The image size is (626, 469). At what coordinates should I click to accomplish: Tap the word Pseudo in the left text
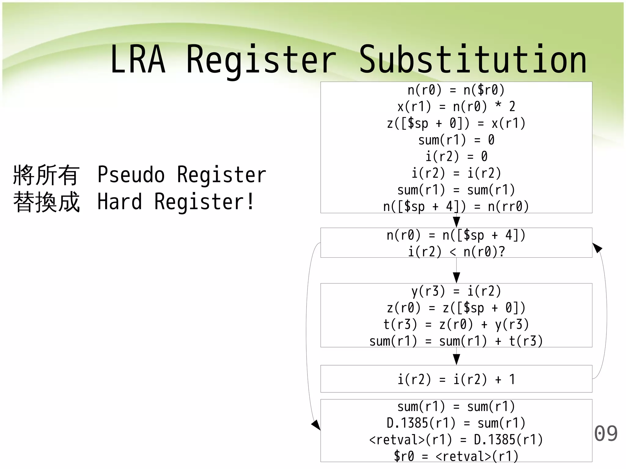click(x=131, y=175)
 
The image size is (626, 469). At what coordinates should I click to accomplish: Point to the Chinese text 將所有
click(x=46, y=175)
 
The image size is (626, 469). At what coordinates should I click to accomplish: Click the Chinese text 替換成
click(x=46, y=202)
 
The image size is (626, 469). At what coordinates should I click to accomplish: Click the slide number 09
click(x=606, y=434)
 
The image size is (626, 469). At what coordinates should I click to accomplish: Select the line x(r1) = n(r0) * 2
click(x=456, y=107)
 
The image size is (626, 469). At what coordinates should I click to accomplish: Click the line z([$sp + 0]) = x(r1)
click(x=456, y=123)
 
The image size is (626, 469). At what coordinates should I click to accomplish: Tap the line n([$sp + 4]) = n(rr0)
click(x=456, y=206)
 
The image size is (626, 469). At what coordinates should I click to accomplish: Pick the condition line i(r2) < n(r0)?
click(x=456, y=252)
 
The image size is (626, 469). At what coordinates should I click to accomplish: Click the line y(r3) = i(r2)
click(x=456, y=291)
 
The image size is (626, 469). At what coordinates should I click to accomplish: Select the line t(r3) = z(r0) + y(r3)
click(x=456, y=324)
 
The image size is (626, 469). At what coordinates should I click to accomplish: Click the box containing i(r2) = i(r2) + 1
click(x=456, y=379)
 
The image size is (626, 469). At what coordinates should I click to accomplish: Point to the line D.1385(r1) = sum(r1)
click(x=456, y=423)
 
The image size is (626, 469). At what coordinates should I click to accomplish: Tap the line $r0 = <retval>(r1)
click(x=456, y=456)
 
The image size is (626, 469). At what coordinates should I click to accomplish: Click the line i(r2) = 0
click(x=456, y=157)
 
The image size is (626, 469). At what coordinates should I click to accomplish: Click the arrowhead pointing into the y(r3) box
click(x=456, y=278)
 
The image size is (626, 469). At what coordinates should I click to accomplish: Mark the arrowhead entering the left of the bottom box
click(x=316, y=425)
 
